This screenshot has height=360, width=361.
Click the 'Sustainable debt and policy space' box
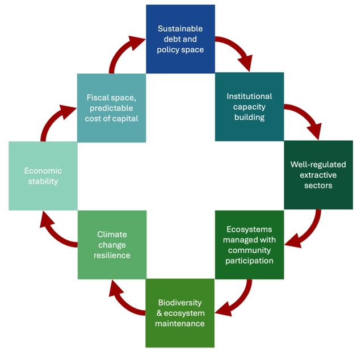(x=180, y=39)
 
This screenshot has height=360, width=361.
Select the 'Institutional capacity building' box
(x=249, y=107)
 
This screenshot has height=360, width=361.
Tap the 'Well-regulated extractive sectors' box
(x=318, y=175)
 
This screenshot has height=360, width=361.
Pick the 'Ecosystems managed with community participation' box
(x=249, y=245)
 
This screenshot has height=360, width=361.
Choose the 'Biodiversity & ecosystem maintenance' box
(x=180, y=313)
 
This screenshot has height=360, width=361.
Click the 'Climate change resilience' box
(x=111, y=245)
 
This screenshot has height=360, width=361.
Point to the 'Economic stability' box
(x=43, y=175)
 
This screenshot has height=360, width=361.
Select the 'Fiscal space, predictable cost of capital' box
(x=111, y=107)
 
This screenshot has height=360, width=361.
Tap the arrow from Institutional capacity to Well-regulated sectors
(x=307, y=119)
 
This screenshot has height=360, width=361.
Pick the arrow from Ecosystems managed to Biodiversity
(x=238, y=302)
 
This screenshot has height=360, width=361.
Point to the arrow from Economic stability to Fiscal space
(x=54, y=120)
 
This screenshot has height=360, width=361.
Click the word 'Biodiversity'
(x=180, y=302)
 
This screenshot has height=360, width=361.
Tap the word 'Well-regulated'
(x=318, y=164)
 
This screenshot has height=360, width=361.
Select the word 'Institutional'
(x=249, y=96)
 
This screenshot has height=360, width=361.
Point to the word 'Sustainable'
(x=180, y=28)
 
